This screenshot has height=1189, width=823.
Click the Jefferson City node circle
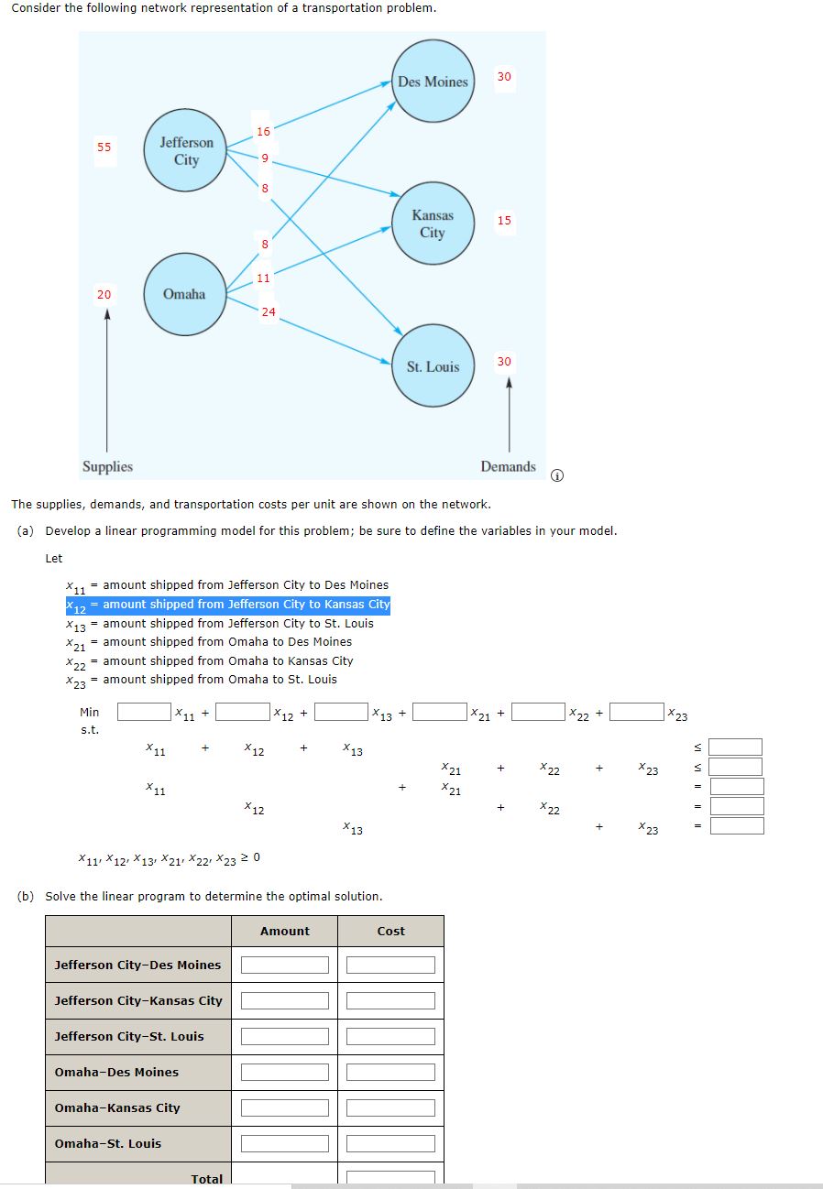[186, 151]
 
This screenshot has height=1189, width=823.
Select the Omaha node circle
[184, 294]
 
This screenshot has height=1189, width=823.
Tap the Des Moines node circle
[433, 82]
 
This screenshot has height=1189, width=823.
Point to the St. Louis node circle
[433, 366]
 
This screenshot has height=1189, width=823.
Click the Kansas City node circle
[433, 224]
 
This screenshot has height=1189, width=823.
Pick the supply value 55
[104, 147]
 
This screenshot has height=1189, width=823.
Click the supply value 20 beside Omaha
[104, 294]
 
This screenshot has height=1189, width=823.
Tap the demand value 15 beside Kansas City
[505, 221]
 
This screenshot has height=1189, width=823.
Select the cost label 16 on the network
[263, 132]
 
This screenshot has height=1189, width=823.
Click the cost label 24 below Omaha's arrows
[268, 312]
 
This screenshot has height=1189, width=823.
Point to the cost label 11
[263, 278]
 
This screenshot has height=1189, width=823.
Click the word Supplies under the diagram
[107, 466]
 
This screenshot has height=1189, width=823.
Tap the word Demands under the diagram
[508, 466]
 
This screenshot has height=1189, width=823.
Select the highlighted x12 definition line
[228, 605]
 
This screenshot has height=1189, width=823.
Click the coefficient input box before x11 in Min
[144, 712]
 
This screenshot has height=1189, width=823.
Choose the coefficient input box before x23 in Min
[637, 712]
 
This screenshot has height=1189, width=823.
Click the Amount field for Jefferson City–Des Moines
[285, 965]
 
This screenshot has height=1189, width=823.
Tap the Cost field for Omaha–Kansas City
[390, 1107]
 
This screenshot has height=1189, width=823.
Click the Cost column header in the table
[390, 931]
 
